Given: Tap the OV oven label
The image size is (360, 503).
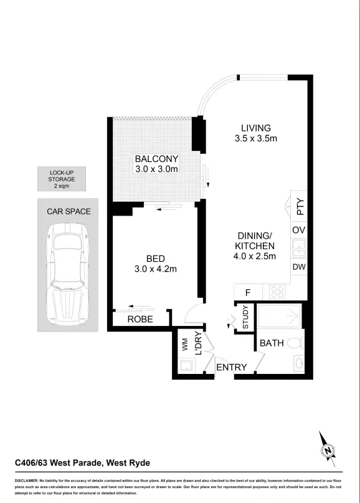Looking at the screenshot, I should pyautogui.click(x=298, y=229).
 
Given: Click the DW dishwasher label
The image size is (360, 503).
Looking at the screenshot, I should pyautogui.click(x=298, y=267).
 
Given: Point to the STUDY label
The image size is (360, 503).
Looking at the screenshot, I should pyautogui.click(x=245, y=317).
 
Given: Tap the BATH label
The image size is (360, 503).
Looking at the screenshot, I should pyautogui.click(x=272, y=343).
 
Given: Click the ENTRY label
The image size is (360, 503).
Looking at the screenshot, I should pyautogui.click(x=231, y=367).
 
